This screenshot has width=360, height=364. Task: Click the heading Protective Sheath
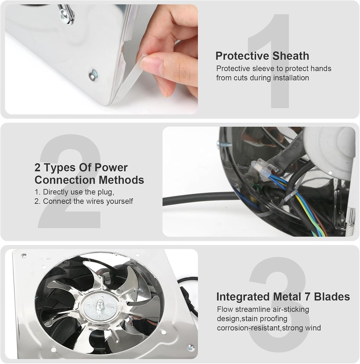pyautogui.click(x=262, y=56)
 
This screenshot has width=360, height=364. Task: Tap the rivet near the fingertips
pyautogui.click(x=93, y=75)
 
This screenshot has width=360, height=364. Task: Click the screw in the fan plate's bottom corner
pyautogui.click(x=190, y=347)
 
